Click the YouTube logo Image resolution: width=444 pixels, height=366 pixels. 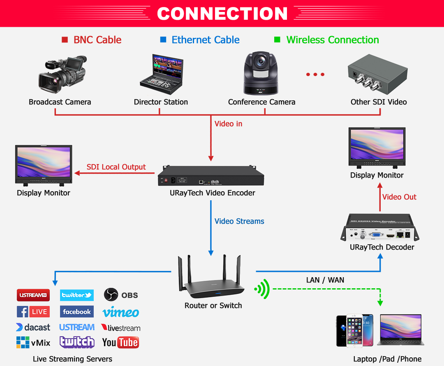(x=120, y=342)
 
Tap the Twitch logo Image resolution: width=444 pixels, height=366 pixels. (x=77, y=342)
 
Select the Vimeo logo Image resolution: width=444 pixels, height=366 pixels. (x=120, y=313)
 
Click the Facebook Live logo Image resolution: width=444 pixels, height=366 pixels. (x=33, y=312)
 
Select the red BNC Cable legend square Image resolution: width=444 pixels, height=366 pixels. (x=65, y=40)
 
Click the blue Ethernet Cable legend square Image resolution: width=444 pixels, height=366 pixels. (x=163, y=40)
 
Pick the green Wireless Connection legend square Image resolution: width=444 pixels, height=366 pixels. (x=277, y=40)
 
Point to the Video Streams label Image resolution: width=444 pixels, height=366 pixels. (x=239, y=221)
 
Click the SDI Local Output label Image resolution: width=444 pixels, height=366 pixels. (x=116, y=167)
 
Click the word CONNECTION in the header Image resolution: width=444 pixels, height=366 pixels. (x=222, y=14)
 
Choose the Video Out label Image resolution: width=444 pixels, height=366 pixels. (x=399, y=197)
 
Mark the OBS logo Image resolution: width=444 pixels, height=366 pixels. (x=121, y=295)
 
